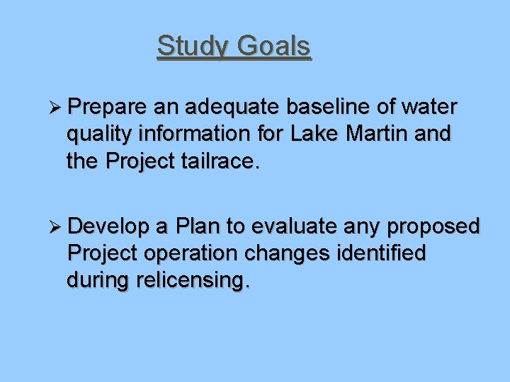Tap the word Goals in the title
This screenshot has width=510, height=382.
pyautogui.click(x=273, y=47)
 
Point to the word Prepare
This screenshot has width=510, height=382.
pyautogui.click(x=108, y=108)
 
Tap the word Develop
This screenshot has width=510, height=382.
pyautogui.click(x=109, y=227)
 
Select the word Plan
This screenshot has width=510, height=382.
pyautogui.click(x=198, y=227)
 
